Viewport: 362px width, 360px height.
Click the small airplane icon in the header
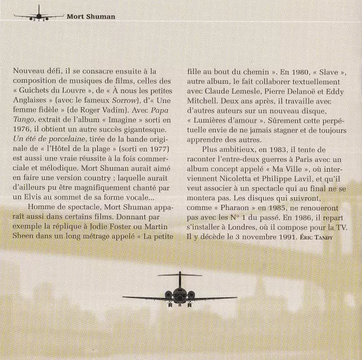click(x=38, y=15)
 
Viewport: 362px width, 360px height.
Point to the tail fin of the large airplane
click(x=180, y=278)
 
